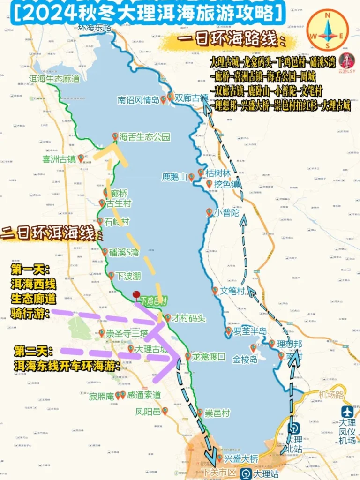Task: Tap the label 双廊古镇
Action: pyautogui.click(x=191, y=99)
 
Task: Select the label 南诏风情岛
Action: pyautogui.click(x=138, y=100)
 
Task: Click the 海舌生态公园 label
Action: pyautogui.click(x=144, y=137)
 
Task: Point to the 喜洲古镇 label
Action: pyautogui.click(x=59, y=159)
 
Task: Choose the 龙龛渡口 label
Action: pyautogui.click(x=209, y=357)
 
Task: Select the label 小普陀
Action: pyautogui.click(x=227, y=212)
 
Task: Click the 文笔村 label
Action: pyautogui.click(x=233, y=291)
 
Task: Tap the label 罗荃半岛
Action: pyautogui.click(x=250, y=331)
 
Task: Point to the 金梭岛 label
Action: pyautogui.click(x=246, y=360)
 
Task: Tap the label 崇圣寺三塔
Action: pyautogui.click(x=127, y=333)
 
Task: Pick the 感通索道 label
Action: pyautogui.click(x=144, y=395)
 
